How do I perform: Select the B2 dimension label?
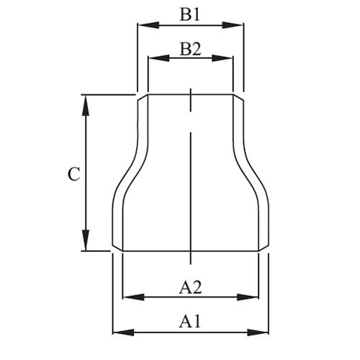pyautogui.click(x=190, y=48)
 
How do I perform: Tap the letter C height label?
pyautogui.click(x=73, y=174)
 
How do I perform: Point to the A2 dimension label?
pyautogui.click(x=190, y=287)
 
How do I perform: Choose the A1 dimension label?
pyautogui.click(x=190, y=320)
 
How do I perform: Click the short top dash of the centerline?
pyautogui.click(x=190, y=99)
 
